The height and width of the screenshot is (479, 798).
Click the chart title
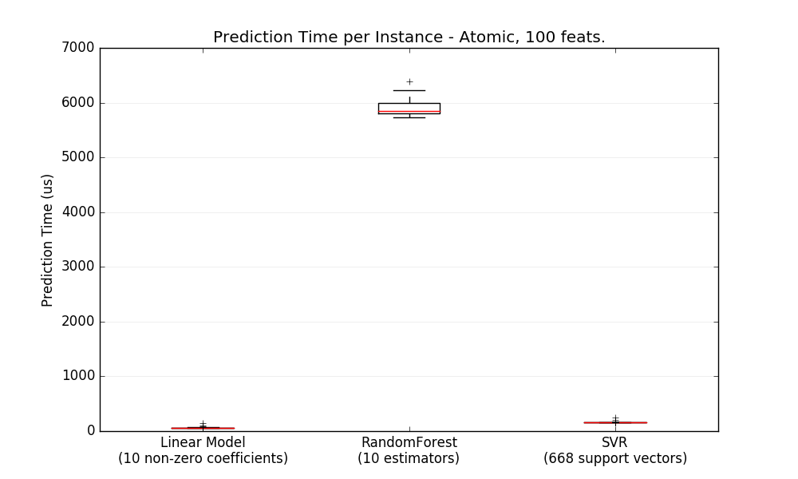click(409, 38)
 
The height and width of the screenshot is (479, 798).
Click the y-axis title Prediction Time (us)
click(48, 239)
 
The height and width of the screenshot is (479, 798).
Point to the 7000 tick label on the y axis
click(78, 48)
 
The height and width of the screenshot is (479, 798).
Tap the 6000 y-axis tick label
click(78, 103)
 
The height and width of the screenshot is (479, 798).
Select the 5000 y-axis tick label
click(78, 157)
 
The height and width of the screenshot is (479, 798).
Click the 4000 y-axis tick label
click(78, 212)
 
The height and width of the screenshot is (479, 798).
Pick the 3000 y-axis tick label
click(78, 267)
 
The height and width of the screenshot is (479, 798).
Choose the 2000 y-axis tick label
click(78, 322)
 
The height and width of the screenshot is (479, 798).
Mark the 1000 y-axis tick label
click(78, 376)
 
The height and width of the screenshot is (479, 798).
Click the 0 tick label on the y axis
click(90, 431)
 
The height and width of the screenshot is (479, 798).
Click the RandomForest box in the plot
click(409, 108)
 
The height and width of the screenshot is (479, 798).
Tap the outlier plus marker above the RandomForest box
click(409, 81)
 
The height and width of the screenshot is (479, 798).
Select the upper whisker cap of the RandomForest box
click(409, 90)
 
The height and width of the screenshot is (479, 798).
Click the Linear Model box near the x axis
click(203, 428)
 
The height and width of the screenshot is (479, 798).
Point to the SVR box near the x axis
click(615, 422)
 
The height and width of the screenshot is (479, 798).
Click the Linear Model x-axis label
click(203, 442)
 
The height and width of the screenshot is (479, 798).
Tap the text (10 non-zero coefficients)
click(203, 459)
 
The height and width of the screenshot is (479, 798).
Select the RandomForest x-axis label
click(409, 442)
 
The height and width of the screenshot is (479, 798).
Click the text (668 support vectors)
click(615, 459)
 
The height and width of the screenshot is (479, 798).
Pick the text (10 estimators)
click(409, 459)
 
